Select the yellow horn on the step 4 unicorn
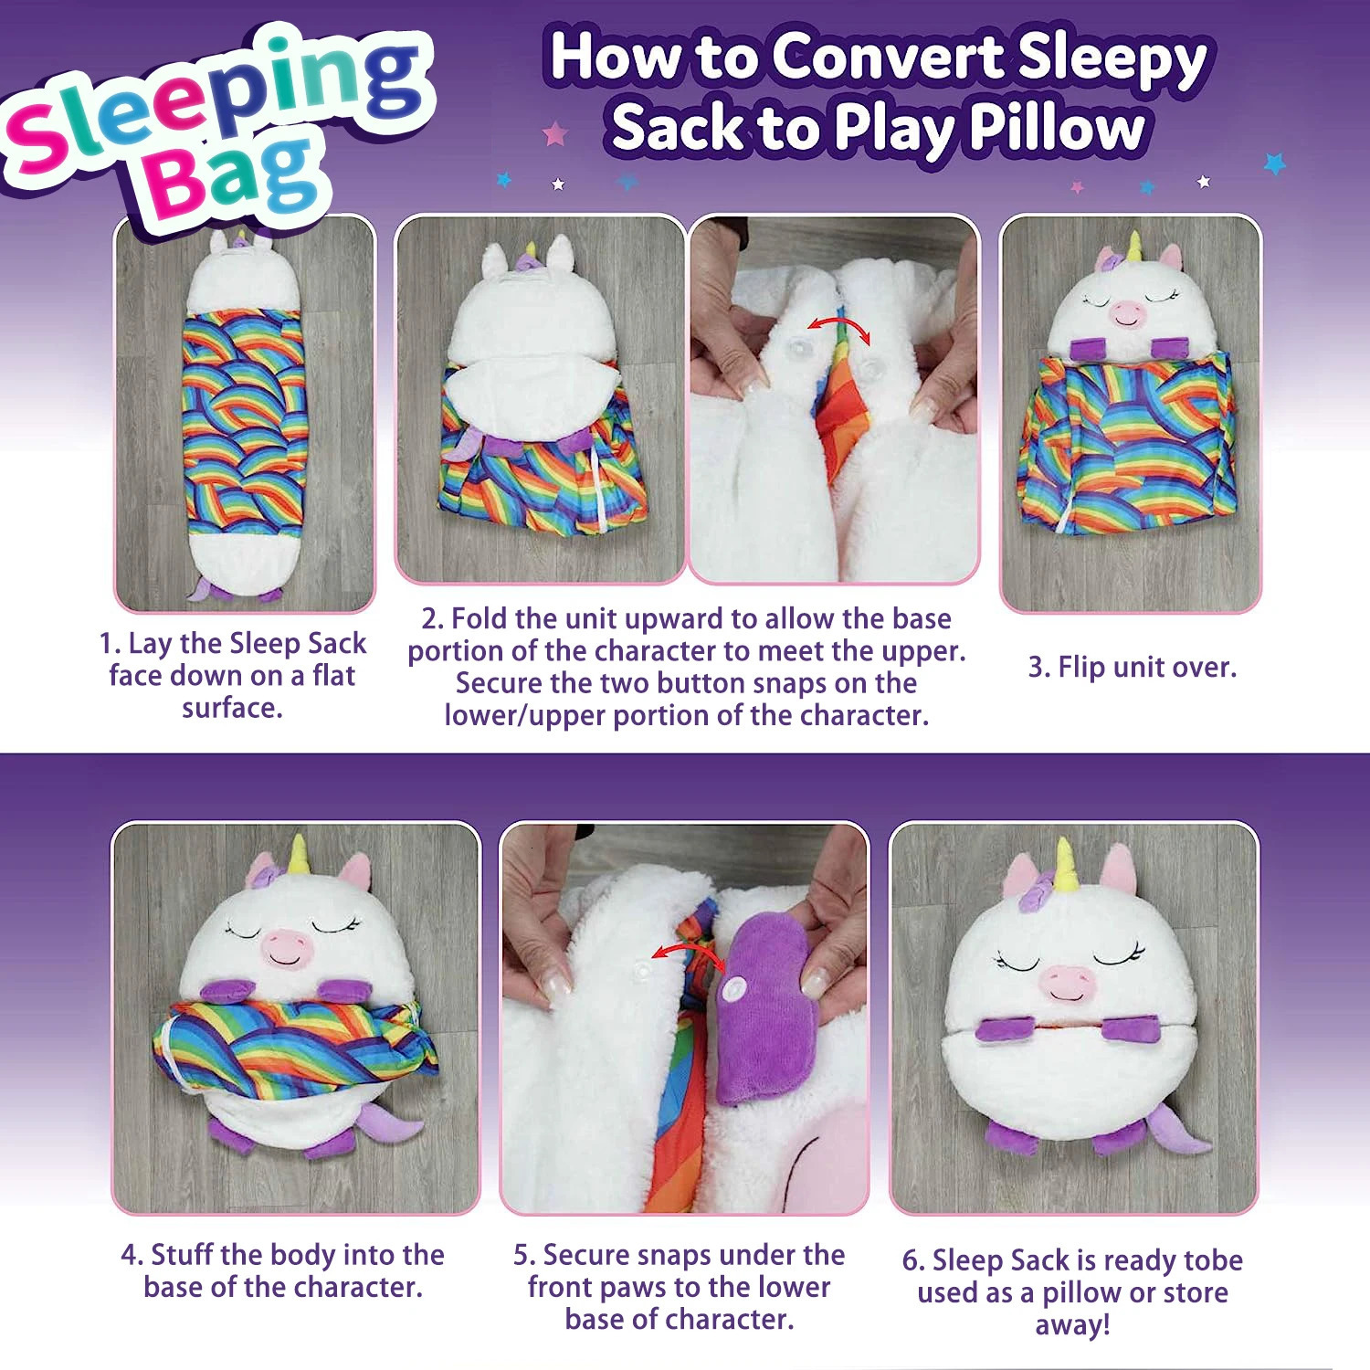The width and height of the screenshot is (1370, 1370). (x=298, y=855)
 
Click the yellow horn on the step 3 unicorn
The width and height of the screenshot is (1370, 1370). (x=1134, y=247)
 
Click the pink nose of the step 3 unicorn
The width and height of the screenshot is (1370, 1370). (x=1126, y=314)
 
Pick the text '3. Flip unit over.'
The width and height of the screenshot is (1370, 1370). (x=1132, y=668)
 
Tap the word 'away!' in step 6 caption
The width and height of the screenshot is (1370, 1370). (x=1072, y=1324)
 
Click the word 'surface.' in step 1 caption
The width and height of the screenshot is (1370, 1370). (x=232, y=708)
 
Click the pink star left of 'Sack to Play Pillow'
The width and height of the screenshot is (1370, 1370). (x=554, y=134)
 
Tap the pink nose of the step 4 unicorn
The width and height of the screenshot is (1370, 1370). (x=287, y=945)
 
